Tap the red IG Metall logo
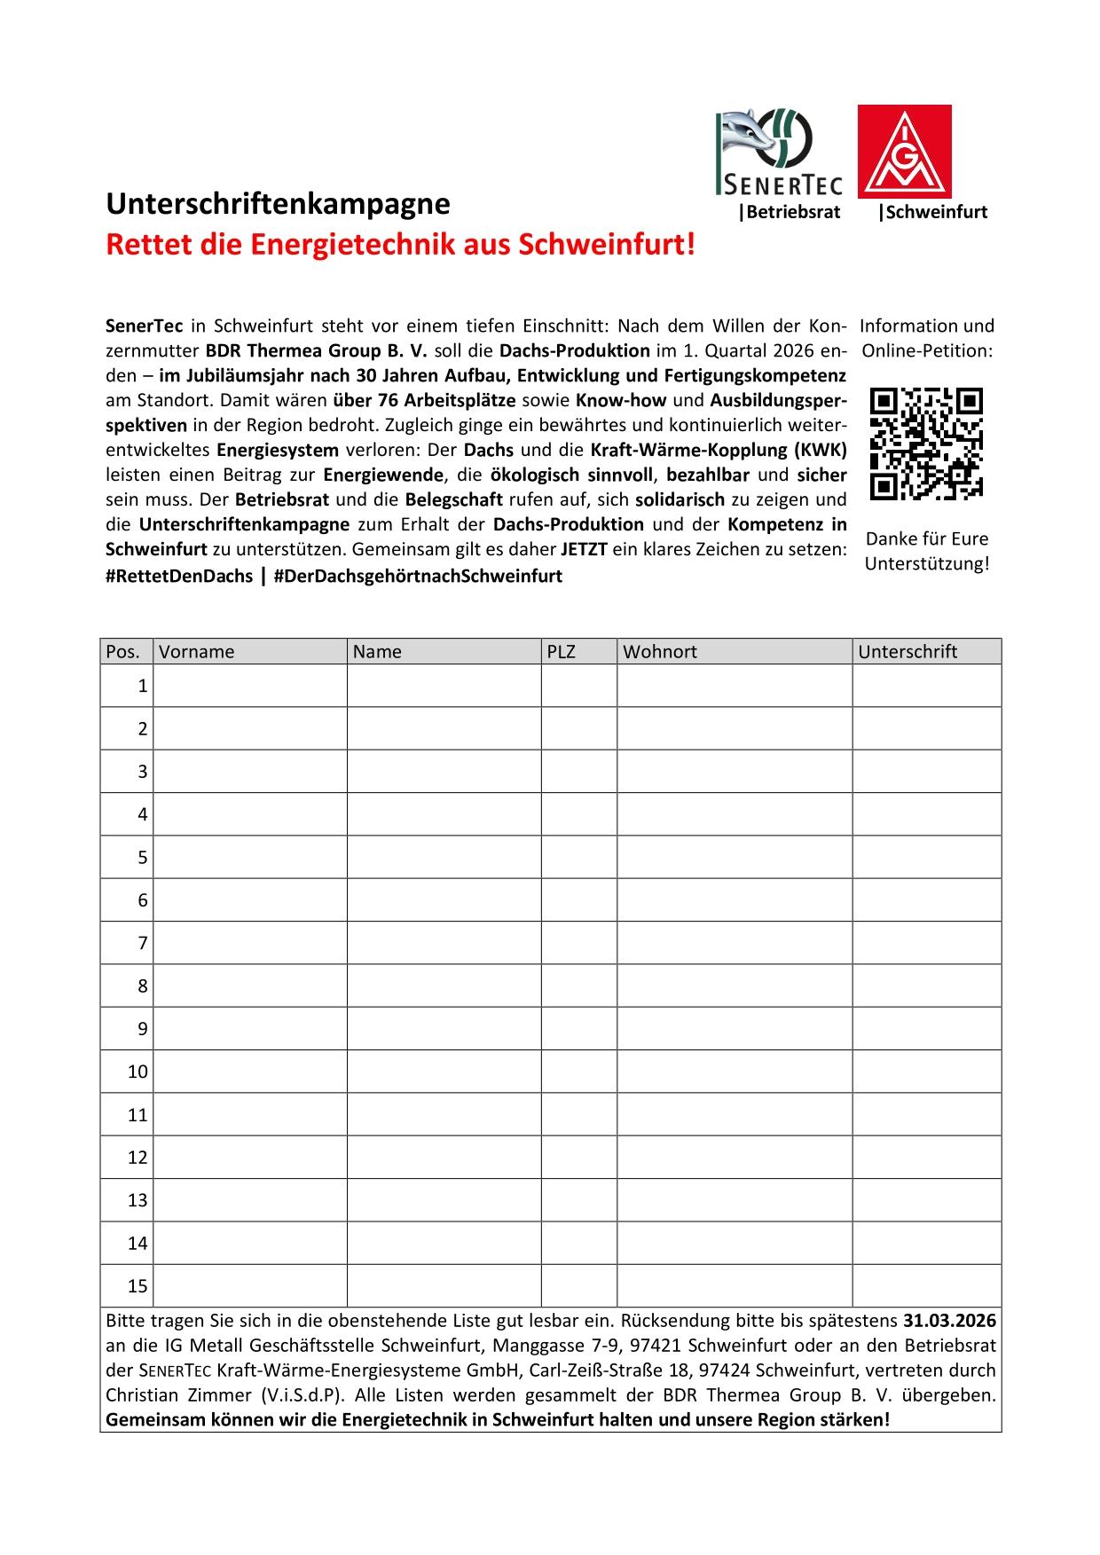(x=904, y=151)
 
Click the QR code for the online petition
(x=927, y=444)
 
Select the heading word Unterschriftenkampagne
(x=278, y=204)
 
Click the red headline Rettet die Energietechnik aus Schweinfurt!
(x=400, y=244)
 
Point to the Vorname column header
(x=197, y=652)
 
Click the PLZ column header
(x=562, y=652)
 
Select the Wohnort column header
(x=660, y=652)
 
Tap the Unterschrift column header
(x=907, y=652)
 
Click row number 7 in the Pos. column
(x=142, y=943)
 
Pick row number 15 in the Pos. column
(x=137, y=1286)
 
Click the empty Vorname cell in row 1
(x=250, y=686)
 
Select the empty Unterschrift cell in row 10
(x=927, y=1072)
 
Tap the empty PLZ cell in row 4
(x=579, y=814)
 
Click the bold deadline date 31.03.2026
(x=949, y=1319)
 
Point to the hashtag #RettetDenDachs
(x=179, y=576)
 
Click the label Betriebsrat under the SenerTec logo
(x=790, y=213)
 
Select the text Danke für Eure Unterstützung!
(x=927, y=551)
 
